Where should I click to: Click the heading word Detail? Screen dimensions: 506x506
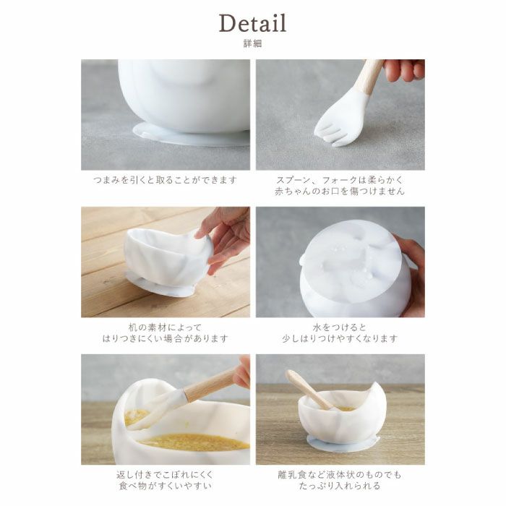click(x=253, y=23)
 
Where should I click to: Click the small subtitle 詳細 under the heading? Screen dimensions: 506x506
click(x=253, y=44)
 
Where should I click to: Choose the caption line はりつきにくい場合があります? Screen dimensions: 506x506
click(x=166, y=338)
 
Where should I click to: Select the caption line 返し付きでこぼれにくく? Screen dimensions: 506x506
click(x=166, y=474)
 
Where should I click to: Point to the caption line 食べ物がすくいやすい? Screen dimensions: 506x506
click(x=166, y=486)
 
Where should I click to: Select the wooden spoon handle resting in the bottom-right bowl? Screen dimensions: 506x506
click(x=304, y=387)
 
